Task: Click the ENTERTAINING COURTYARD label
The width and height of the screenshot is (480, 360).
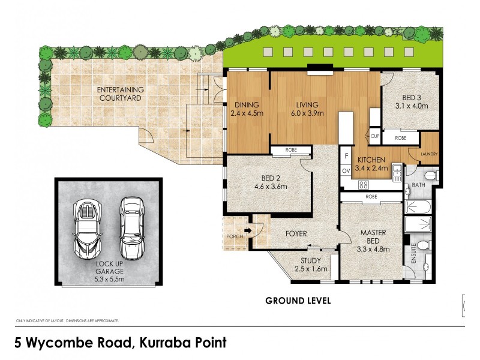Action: click(120, 94)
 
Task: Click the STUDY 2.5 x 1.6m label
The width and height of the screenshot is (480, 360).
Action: click(310, 264)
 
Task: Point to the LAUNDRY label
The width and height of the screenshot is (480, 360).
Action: click(429, 154)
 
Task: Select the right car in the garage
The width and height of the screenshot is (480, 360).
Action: click(130, 227)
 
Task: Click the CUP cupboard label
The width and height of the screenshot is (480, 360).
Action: click(375, 136)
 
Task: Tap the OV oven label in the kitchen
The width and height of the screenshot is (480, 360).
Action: click(346, 171)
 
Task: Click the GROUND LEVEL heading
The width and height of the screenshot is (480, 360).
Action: click(298, 301)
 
